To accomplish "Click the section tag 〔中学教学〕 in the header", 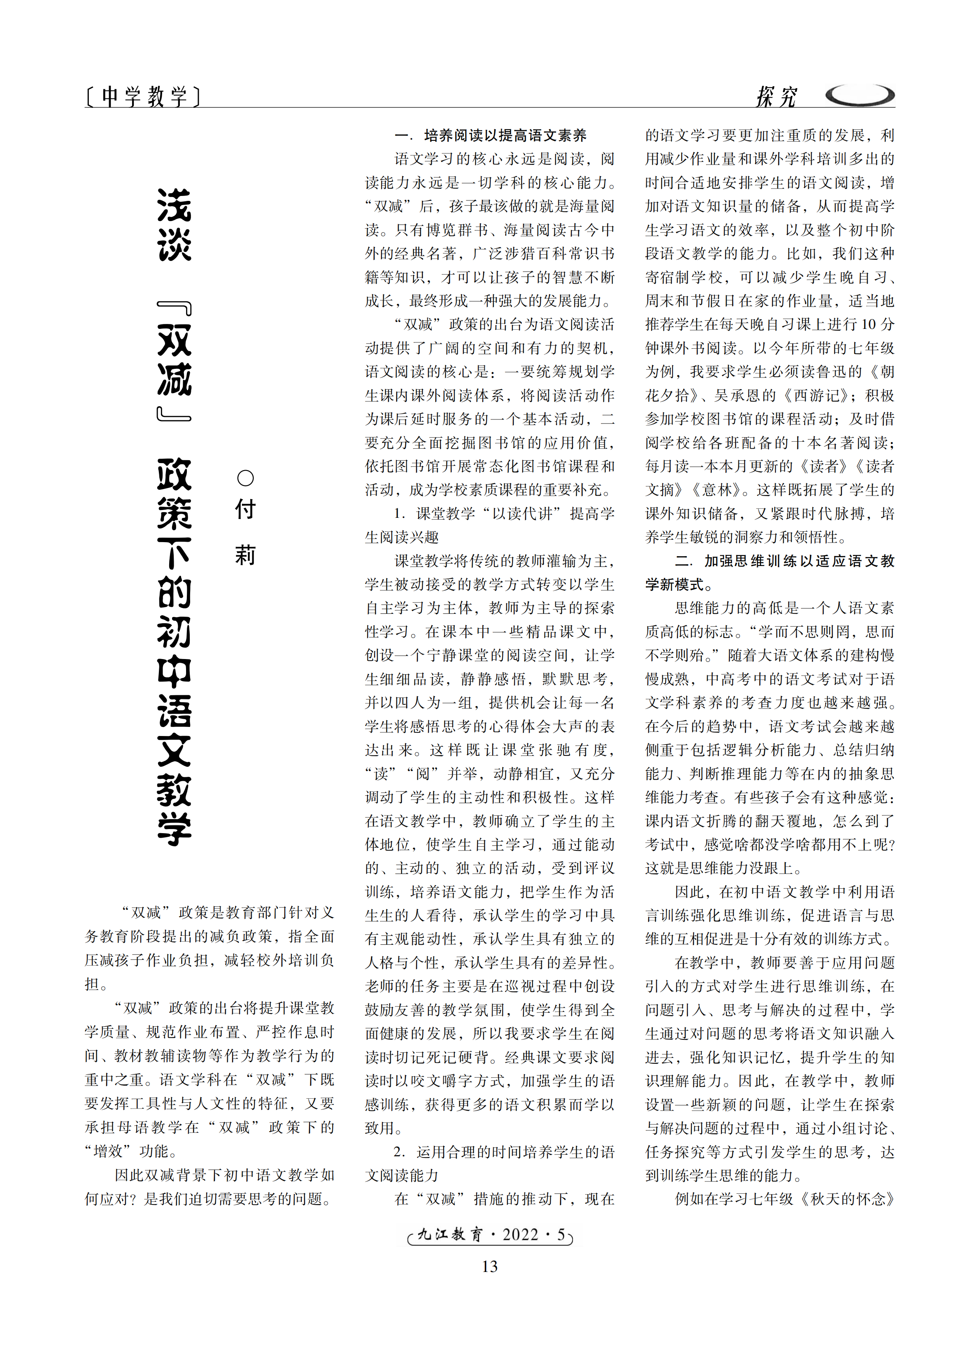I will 143,96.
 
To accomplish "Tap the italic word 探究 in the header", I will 776,96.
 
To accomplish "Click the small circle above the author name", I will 245,478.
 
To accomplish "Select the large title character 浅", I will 174,205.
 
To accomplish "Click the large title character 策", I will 174,513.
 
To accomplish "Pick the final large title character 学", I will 174,829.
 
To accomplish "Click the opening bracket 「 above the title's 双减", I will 174,309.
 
